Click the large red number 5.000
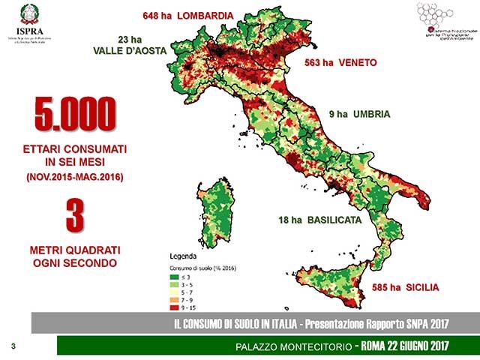tap(73, 114)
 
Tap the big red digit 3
tap(73, 214)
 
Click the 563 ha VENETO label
tap(340, 64)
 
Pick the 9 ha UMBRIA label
tap(359, 115)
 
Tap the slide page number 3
tap(13, 346)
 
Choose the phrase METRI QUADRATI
tap(73, 250)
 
